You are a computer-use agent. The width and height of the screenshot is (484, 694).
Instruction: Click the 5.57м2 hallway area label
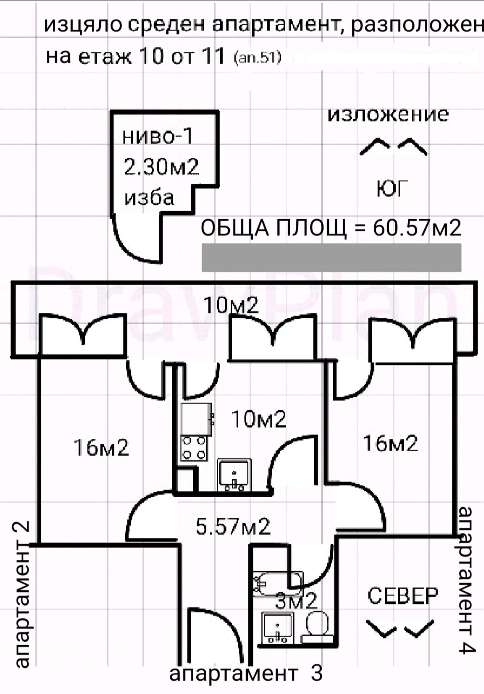(x=233, y=527)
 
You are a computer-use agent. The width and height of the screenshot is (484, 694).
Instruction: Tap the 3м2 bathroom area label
(x=296, y=601)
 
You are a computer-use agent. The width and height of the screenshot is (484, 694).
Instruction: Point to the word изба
(x=149, y=197)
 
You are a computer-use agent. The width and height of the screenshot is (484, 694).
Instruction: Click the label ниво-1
(x=157, y=136)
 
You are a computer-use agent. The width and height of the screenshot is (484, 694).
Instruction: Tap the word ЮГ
(x=392, y=189)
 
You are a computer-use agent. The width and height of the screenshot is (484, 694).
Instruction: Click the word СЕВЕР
(x=403, y=596)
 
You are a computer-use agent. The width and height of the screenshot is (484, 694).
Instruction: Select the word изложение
(x=388, y=114)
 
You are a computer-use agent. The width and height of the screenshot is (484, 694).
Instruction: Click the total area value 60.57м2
(x=417, y=228)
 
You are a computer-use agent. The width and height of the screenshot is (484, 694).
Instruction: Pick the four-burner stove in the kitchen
(x=194, y=449)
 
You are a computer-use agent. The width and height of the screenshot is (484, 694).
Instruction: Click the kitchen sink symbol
(x=234, y=474)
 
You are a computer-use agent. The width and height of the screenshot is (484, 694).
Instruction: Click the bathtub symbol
(x=278, y=584)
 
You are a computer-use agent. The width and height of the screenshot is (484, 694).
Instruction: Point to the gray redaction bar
(x=331, y=258)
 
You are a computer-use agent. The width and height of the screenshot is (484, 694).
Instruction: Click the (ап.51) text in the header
(x=257, y=58)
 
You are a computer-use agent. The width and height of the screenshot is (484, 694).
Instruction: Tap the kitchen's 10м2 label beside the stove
(x=258, y=419)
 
